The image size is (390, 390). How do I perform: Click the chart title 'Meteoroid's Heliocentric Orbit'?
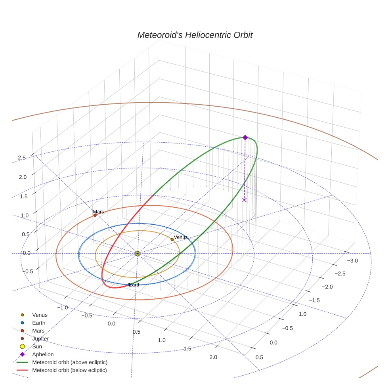[x=195, y=35]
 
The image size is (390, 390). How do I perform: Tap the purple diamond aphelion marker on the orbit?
[x=245, y=137]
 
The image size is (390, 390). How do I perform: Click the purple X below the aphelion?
[x=244, y=200]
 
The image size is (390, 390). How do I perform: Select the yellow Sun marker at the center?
[x=138, y=253]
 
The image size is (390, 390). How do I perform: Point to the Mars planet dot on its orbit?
[x=95, y=215]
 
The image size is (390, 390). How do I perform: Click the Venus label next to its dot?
[x=181, y=237]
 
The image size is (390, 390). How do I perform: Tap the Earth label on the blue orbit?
[x=135, y=285]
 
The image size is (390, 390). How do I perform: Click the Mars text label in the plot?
[x=98, y=212]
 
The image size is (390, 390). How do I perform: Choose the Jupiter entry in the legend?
[x=40, y=338]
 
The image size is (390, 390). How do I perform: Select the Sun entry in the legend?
[x=37, y=346]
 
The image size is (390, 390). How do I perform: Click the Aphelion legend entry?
[x=43, y=354]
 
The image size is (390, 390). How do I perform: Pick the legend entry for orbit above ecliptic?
[x=70, y=362]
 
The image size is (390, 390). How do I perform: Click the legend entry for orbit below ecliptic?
[x=69, y=370]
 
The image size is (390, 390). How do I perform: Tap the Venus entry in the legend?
[x=40, y=315]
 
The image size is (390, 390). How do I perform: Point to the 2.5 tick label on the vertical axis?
[x=22, y=158]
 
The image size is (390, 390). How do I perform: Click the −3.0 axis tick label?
[x=352, y=260]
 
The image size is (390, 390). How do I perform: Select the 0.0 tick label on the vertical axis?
[x=27, y=253]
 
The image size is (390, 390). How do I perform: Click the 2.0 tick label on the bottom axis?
[x=213, y=357]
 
